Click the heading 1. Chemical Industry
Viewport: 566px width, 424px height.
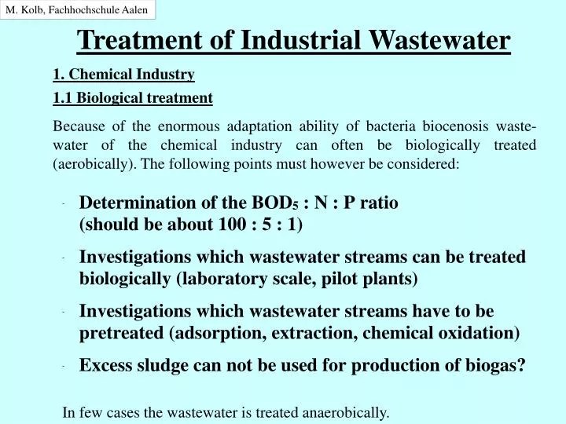coord(123,75)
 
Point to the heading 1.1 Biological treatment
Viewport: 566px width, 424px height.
coord(133,98)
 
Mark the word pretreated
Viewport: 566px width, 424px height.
coord(121,332)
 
